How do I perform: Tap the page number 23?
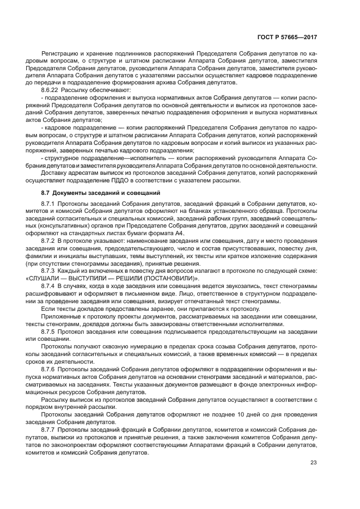(313, 463)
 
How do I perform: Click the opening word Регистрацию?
(60, 54)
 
